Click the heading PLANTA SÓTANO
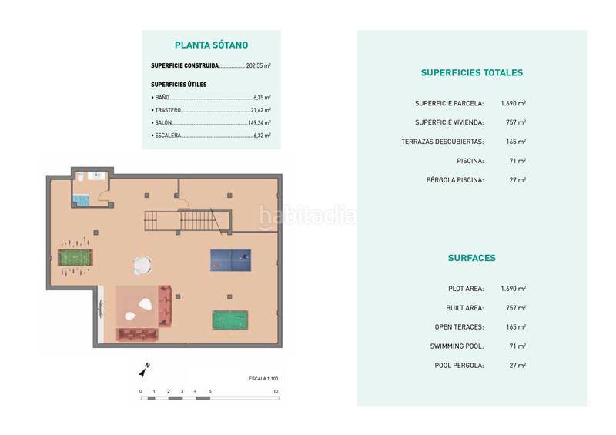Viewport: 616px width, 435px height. click(x=211, y=45)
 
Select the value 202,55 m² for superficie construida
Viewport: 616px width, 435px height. click(x=258, y=66)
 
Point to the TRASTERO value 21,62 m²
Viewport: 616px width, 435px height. click(x=261, y=110)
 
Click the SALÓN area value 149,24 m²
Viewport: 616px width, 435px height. click(x=259, y=122)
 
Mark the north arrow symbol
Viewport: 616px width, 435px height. click(x=144, y=370)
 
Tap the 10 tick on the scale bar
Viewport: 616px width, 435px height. click(x=275, y=392)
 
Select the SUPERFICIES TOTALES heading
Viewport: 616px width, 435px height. click(x=471, y=73)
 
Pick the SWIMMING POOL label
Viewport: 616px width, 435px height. click(x=457, y=346)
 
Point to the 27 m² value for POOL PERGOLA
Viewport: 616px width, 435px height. click(x=517, y=366)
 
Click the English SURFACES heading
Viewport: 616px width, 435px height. click(x=471, y=258)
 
